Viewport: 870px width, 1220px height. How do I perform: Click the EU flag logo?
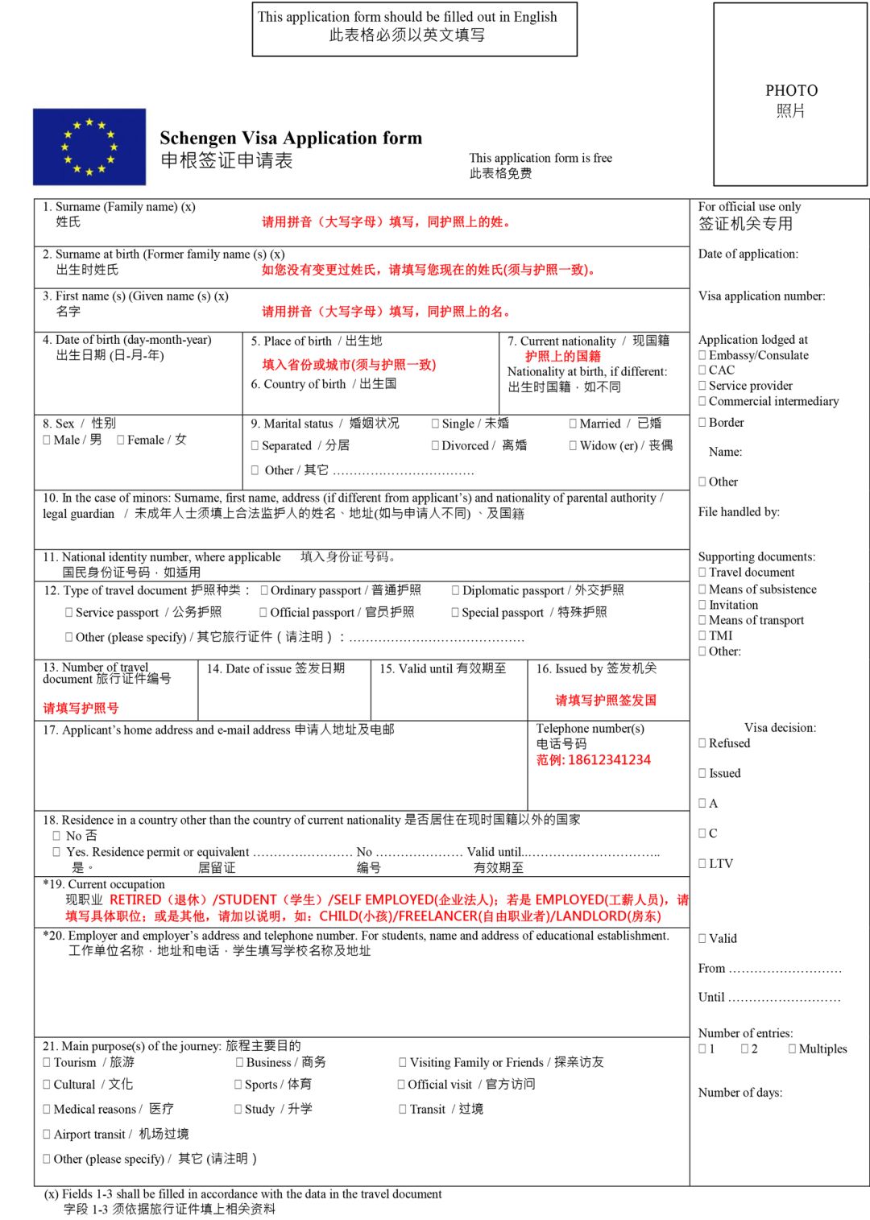[x=89, y=147]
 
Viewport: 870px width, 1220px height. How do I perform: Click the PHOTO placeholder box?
[x=790, y=95]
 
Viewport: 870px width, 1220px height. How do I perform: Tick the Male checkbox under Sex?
[x=47, y=440]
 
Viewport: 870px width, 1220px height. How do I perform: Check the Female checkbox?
[x=121, y=440]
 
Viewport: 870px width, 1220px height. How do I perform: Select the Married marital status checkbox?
[x=573, y=424]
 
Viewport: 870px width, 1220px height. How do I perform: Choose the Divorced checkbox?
[x=436, y=445]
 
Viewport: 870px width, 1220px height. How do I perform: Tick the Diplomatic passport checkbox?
[x=456, y=590]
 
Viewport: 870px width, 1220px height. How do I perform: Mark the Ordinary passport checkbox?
[x=264, y=590]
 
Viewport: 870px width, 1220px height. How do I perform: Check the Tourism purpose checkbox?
[x=47, y=1063]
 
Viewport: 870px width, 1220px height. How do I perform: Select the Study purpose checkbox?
[x=238, y=1109]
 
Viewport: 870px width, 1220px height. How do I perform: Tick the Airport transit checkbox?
[x=47, y=1134]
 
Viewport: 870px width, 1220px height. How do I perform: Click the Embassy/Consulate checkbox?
[x=702, y=355]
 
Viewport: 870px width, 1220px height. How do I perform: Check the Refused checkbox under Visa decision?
[x=702, y=743]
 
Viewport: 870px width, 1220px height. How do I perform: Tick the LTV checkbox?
[x=702, y=863]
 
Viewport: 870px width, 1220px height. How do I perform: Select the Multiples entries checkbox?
[x=793, y=1048]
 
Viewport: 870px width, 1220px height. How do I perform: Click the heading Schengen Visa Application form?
[x=291, y=138]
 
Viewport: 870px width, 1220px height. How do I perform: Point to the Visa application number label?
[x=761, y=296]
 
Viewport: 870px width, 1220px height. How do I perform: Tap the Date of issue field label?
[x=275, y=668]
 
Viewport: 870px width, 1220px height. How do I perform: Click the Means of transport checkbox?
[x=702, y=620]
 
